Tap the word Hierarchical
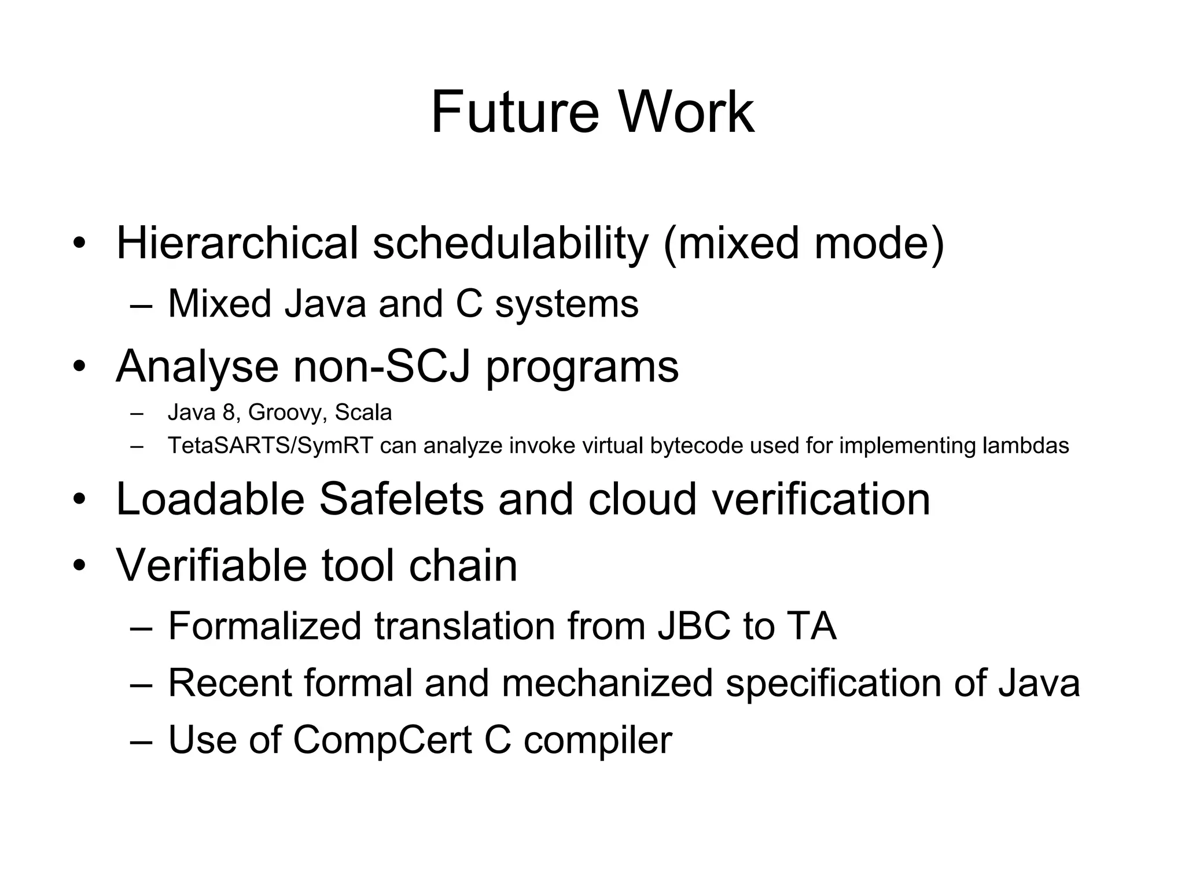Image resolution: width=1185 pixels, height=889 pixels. pyautogui.click(x=237, y=243)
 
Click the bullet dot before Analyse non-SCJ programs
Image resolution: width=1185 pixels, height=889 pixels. pyautogui.click(x=79, y=366)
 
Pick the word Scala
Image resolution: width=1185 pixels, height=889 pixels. pyautogui.click(x=363, y=412)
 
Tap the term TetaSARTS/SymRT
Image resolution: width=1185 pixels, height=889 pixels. pyautogui.click(x=270, y=446)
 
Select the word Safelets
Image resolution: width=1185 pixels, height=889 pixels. pyautogui.click(x=401, y=499)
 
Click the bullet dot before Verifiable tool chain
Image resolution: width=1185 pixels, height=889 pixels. pyautogui.click(x=79, y=565)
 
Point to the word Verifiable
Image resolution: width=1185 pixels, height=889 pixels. pyautogui.click(x=212, y=565)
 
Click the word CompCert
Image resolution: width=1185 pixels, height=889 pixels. pyautogui.click(x=382, y=740)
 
